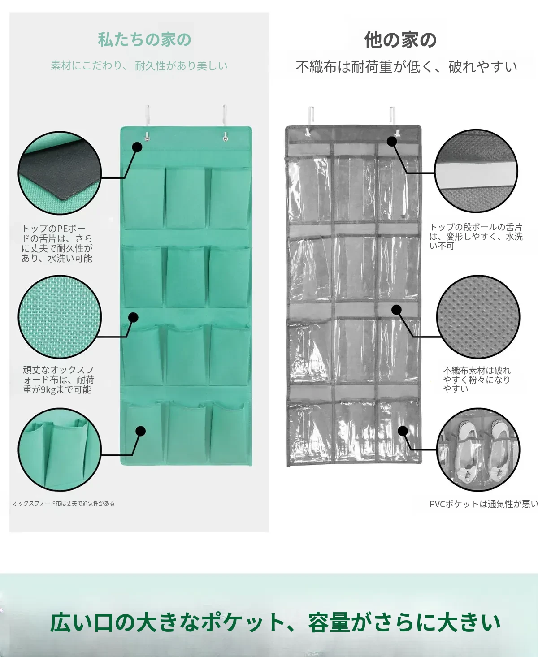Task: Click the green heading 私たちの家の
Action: pos(145,39)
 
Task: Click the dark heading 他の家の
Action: pos(400,40)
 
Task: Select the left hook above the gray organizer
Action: pos(310,121)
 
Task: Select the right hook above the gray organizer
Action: pos(393,121)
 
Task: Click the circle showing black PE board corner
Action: pos(60,173)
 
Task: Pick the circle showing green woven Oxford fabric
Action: pos(60,317)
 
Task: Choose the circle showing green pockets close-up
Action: pos(60,450)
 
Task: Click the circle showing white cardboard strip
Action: pos(476,171)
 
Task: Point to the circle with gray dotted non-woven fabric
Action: pos(478,317)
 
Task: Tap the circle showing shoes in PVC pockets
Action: pos(478,450)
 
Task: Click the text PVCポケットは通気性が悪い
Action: pos(484,504)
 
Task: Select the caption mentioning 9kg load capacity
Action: pos(58,380)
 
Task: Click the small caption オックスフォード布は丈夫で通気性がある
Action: pos(64,503)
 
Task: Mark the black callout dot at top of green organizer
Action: pos(137,147)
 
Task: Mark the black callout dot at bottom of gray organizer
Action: pos(403,431)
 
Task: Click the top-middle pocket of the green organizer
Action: pos(185,198)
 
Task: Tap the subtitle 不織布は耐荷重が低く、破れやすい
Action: pos(407,67)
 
